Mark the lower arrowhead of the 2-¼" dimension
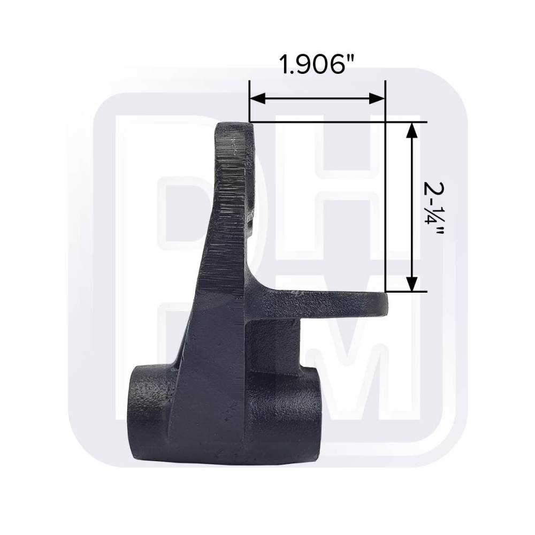tap(411, 284)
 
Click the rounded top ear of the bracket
tap(235, 134)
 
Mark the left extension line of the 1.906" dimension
tap(249, 102)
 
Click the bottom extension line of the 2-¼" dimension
tap(407, 292)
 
